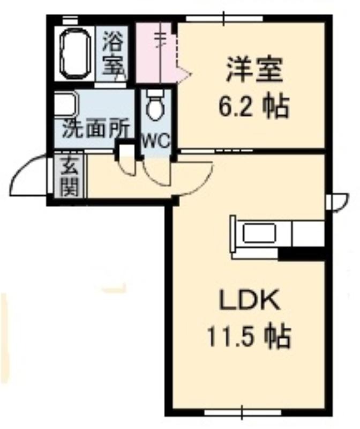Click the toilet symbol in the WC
coord(155,105)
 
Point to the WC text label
coord(156,141)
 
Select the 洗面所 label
coord(95,129)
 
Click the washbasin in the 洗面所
coord(66,105)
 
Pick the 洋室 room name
coord(254,69)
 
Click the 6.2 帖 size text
coord(253,106)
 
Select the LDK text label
coord(250,301)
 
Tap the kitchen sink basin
coord(259,233)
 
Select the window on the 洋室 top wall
coord(224,19)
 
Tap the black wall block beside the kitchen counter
coord(301,254)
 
